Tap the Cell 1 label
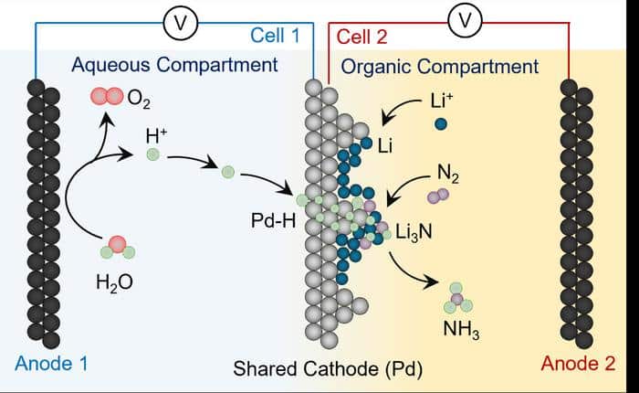[x=277, y=37]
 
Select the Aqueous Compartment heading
[x=173, y=65]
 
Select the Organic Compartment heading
[x=439, y=66]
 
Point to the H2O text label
[x=115, y=282]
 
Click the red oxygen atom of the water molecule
[x=117, y=244]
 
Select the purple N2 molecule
[x=438, y=195]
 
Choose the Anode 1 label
[x=51, y=364]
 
